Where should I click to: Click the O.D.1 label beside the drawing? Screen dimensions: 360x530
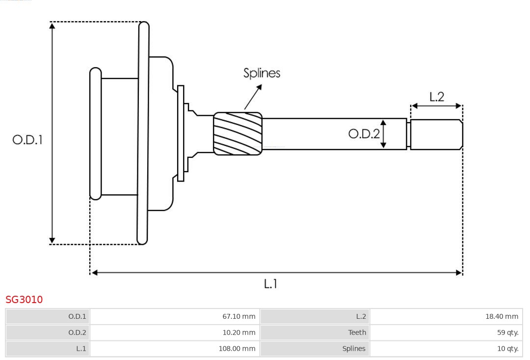point(27,140)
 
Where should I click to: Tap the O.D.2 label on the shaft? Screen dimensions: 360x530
point(364,134)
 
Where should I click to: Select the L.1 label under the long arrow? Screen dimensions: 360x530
point(270,283)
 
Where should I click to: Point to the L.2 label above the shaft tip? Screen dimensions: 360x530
point(436,97)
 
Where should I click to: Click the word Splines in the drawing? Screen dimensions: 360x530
point(262,73)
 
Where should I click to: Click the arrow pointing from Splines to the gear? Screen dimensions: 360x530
point(252,97)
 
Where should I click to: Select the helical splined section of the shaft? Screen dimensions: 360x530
point(238,134)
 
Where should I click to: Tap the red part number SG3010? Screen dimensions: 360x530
point(24,299)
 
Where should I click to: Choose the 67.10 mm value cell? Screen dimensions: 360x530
point(175,316)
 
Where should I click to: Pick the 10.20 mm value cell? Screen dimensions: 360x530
point(175,332)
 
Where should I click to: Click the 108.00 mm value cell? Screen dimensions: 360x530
point(175,348)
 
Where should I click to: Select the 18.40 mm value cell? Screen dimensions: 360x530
point(446,316)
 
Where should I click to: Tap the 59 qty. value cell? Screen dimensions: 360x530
point(446,332)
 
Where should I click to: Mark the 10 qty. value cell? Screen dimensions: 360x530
point(446,348)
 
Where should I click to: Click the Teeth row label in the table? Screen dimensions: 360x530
point(315,332)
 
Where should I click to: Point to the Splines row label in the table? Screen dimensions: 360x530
point(315,348)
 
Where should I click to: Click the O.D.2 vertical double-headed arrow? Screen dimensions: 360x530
point(383,134)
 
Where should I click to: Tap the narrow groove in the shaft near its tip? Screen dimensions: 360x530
point(408,134)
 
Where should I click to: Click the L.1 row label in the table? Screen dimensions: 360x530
point(48,348)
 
